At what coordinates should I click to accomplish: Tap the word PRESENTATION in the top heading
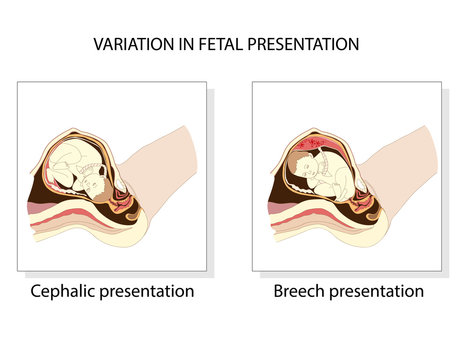pyautogui.click(x=305, y=45)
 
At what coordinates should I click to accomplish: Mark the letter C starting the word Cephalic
pyautogui.click(x=36, y=292)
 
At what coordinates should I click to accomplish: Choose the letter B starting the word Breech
pyautogui.click(x=278, y=292)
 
